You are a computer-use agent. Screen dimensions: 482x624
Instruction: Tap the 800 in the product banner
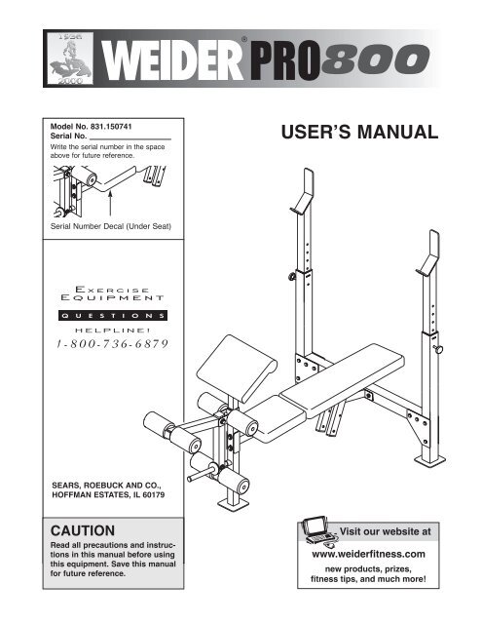375,59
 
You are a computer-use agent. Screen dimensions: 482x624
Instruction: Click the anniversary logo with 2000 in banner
70,58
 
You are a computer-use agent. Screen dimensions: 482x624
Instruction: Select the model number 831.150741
111,127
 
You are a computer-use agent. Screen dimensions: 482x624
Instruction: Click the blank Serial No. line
130,138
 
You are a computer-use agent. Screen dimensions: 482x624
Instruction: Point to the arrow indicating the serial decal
110,204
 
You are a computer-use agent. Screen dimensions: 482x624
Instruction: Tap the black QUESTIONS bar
113,316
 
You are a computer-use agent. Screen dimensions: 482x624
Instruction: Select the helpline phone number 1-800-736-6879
112,344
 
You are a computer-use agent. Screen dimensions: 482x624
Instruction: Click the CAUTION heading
83,530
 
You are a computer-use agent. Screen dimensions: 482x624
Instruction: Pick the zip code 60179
153,495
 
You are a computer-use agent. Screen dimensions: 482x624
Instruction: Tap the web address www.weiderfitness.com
368,554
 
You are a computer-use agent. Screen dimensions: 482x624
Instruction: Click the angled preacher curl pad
238,368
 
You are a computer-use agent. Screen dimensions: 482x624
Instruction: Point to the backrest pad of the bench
343,380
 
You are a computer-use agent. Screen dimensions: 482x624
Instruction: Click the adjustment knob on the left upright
292,276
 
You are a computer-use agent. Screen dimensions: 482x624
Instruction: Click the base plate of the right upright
429,460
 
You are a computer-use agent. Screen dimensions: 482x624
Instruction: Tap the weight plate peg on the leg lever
200,475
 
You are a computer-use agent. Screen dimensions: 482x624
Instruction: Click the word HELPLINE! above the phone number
113,330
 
